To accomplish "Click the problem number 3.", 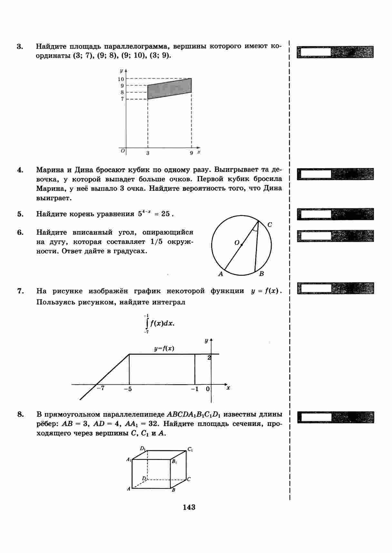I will click(x=20, y=47).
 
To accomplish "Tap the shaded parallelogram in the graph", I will click(x=170, y=89).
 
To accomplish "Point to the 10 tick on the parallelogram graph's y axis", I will click(x=121, y=79).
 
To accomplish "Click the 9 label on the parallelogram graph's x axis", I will click(x=191, y=153).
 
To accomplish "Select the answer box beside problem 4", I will click(x=315, y=174).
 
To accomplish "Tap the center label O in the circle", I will click(x=237, y=243).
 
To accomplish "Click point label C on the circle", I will click(x=270, y=225).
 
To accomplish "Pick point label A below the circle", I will click(x=221, y=274).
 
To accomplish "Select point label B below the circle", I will click(x=261, y=274).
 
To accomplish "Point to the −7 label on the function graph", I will click(x=101, y=388).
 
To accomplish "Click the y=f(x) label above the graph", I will click(x=164, y=349).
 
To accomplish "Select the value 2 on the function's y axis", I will click(x=209, y=357).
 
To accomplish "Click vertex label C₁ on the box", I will click(x=190, y=449).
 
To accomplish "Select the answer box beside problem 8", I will click(x=315, y=417).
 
